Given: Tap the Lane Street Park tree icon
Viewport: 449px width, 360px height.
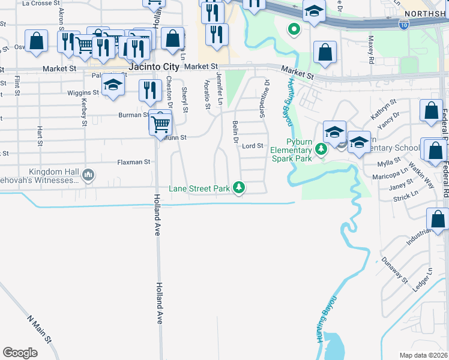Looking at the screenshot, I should (240, 188).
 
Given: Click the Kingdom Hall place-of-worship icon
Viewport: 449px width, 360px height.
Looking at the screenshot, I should (89, 175).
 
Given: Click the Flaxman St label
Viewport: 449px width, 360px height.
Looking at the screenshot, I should (134, 162).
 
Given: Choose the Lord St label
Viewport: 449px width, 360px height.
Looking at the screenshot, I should (253, 146).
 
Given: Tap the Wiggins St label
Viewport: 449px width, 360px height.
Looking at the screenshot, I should (83, 93).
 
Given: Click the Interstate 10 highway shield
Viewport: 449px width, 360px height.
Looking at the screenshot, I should (405, 24).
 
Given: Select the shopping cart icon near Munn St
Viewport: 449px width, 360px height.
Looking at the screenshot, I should (160, 124).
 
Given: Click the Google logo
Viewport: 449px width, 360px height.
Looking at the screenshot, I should (20, 353).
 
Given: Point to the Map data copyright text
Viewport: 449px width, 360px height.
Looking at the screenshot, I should (423, 355).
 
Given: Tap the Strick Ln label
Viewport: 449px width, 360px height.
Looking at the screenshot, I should (406, 196).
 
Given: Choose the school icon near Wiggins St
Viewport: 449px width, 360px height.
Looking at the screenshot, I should (112, 85).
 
